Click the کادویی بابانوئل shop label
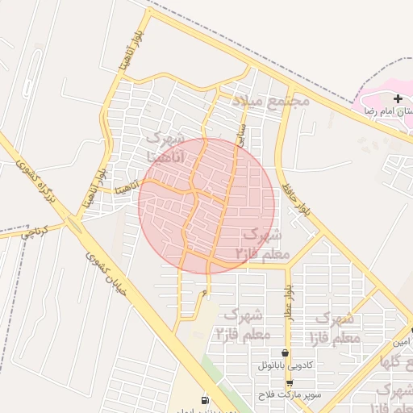(x=290, y=365)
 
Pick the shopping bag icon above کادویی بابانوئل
(x=285, y=353)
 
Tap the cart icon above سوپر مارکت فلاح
(x=290, y=383)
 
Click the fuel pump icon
(x=205, y=400)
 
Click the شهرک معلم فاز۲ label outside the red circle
(x=240, y=323)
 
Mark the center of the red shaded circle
(x=206, y=205)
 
